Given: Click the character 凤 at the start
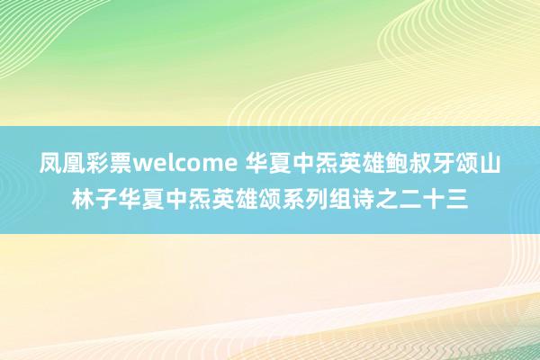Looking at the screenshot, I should [50, 166].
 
